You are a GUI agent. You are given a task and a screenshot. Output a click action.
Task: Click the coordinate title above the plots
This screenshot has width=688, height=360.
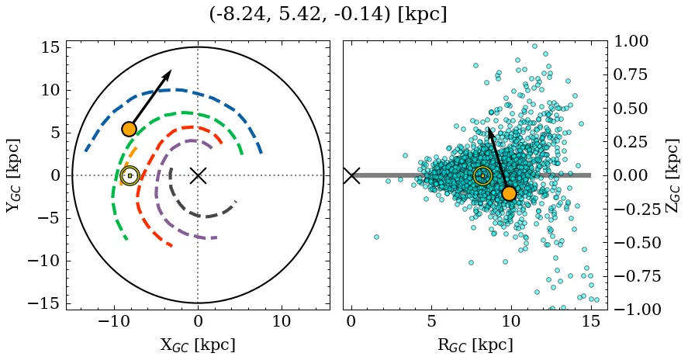327,14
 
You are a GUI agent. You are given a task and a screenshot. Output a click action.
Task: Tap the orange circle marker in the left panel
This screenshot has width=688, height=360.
129,129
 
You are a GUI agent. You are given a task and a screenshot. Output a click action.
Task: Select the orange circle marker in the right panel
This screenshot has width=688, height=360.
509,193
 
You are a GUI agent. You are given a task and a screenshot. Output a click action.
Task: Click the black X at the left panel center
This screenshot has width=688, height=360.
198,175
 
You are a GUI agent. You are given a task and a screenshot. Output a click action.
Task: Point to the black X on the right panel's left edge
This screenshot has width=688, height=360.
351,175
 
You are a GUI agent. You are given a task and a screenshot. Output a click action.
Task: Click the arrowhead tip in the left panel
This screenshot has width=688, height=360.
171,71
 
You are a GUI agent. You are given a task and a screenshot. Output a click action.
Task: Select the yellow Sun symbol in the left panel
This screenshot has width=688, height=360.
130,176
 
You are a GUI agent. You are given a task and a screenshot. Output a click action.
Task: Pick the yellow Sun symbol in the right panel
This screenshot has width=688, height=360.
482,176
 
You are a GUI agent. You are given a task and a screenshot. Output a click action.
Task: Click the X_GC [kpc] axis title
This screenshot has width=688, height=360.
198,344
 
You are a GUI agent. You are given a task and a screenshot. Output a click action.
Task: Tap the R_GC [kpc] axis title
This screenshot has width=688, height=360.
475,344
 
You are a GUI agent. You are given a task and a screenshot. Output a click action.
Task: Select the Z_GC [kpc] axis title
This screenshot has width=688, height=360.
672,175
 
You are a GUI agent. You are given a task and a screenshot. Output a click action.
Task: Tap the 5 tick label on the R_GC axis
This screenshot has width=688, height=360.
431,322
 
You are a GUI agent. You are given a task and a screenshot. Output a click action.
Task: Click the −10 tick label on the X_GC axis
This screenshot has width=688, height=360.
115,322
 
